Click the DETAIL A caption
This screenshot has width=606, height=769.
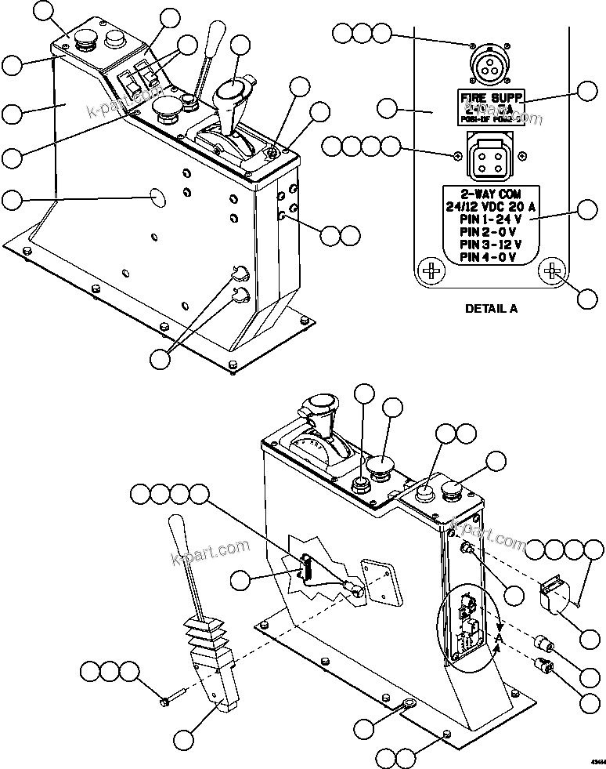[491, 308]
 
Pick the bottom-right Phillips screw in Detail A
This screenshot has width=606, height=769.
[552, 270]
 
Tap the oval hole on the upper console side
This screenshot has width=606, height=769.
[157, 197]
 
